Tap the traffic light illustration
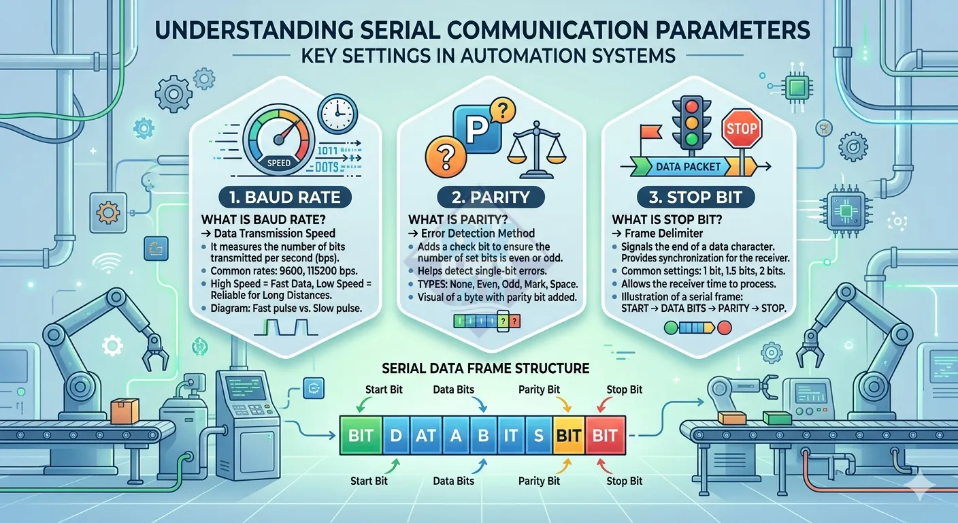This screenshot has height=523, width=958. [x=694, y=124]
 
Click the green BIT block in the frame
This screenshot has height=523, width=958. [x=361, y=436]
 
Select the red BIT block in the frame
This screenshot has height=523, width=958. [x=605, y=436]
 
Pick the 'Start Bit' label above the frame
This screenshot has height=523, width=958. [x=369, y=390]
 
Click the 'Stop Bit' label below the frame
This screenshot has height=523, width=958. [x=624, y=481]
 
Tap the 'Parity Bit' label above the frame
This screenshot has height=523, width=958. [x=540, y=390]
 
